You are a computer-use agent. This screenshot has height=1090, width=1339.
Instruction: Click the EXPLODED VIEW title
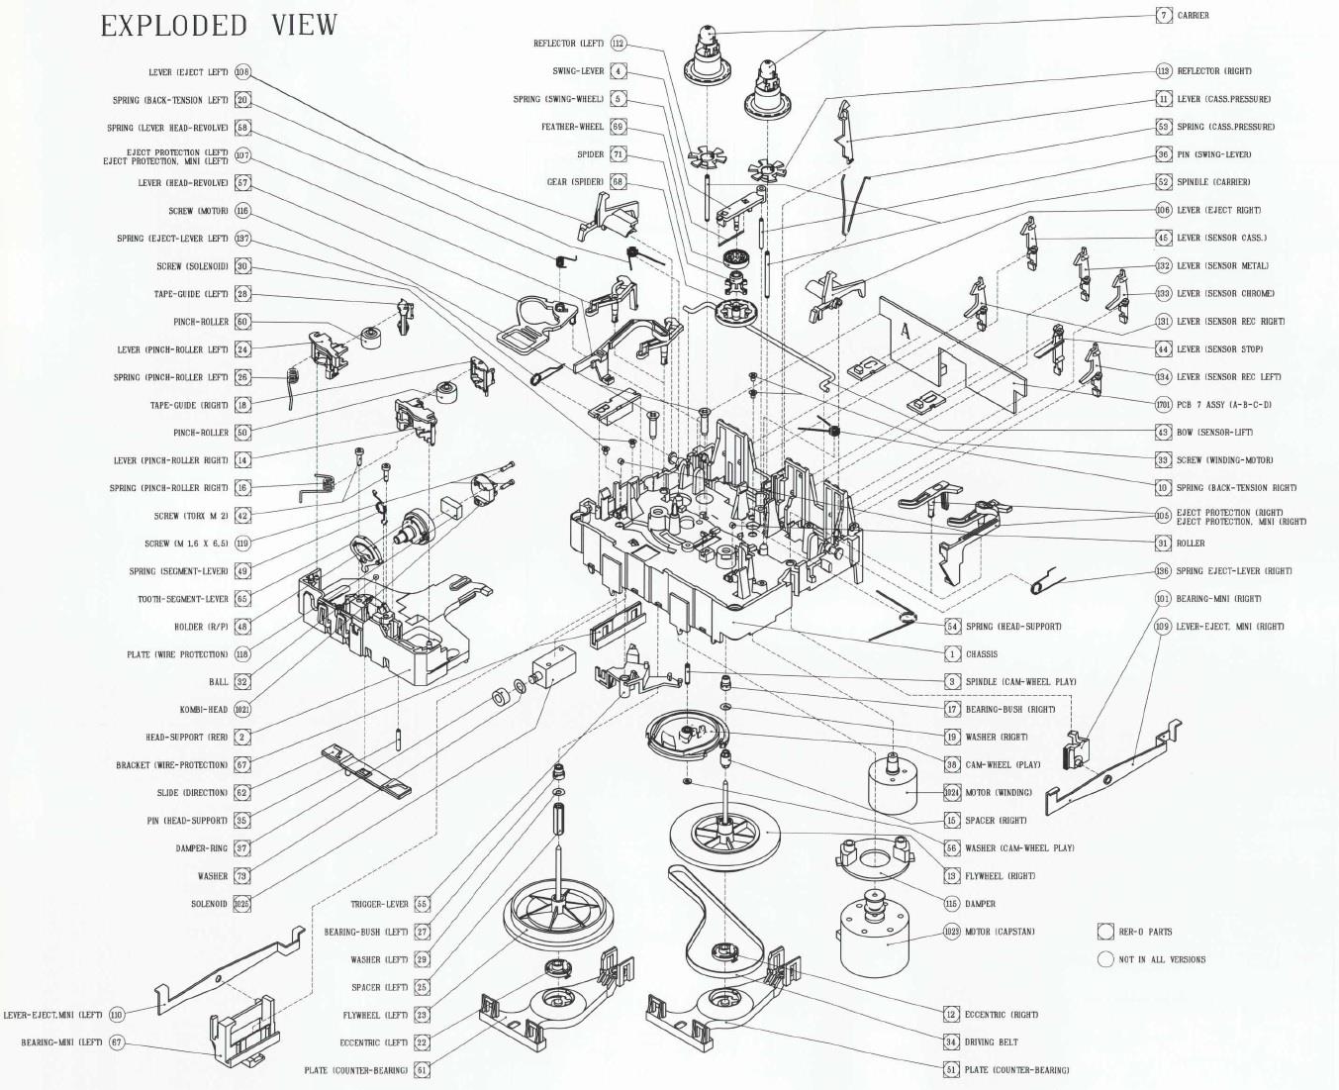tap(219, 26)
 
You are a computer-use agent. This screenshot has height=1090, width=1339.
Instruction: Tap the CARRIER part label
tap(1193, 16)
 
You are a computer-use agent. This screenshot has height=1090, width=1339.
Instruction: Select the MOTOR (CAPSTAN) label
tap(1000, 932)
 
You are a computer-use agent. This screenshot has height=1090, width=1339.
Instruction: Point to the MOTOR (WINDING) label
tap(999, 793)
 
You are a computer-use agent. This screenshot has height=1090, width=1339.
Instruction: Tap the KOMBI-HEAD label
tap(204, 710)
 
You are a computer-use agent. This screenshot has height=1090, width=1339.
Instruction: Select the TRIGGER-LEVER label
tap(379, 904)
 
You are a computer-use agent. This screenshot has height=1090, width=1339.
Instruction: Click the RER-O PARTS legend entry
tap(1145, 932)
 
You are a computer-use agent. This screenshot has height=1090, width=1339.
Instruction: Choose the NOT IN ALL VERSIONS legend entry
tap(1162, 959)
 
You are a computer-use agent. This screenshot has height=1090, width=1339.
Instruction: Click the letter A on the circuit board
tap(903, 333)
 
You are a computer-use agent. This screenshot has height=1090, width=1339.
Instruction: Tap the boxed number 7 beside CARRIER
tap(1164, 16)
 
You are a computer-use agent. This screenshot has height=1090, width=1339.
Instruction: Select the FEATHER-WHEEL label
tap(572, 127)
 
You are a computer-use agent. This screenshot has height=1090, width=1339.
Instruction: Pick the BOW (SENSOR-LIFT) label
tap(1211, 433)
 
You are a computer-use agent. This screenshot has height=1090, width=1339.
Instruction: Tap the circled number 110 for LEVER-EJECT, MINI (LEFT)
tap(117, 1015)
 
